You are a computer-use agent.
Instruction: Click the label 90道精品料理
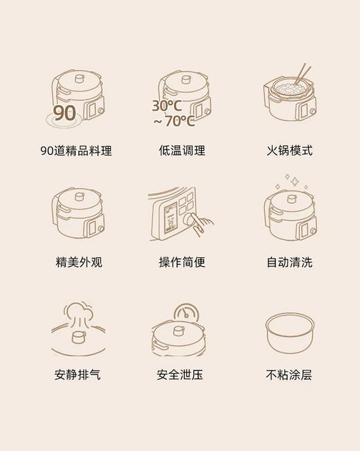[x=76, y=151]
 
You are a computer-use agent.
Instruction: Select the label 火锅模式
[x=289, y=151]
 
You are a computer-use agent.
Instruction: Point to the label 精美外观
[x=79, y=263]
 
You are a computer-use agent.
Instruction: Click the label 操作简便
[x=182, y=263]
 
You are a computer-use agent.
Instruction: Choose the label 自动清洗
[x=289, y=263]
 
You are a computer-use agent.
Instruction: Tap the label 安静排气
[x=78, y=375]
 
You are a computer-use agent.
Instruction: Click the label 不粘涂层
[x=289, y=375]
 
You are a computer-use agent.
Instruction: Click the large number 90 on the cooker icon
[x=64, y=113]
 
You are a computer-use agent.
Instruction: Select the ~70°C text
[x=174, y=122]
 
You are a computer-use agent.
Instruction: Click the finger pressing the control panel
[x=202, y=222]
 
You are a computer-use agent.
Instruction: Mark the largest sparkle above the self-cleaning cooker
[x=294, y=181]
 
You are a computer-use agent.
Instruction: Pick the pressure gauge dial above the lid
[x=185, y=313]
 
